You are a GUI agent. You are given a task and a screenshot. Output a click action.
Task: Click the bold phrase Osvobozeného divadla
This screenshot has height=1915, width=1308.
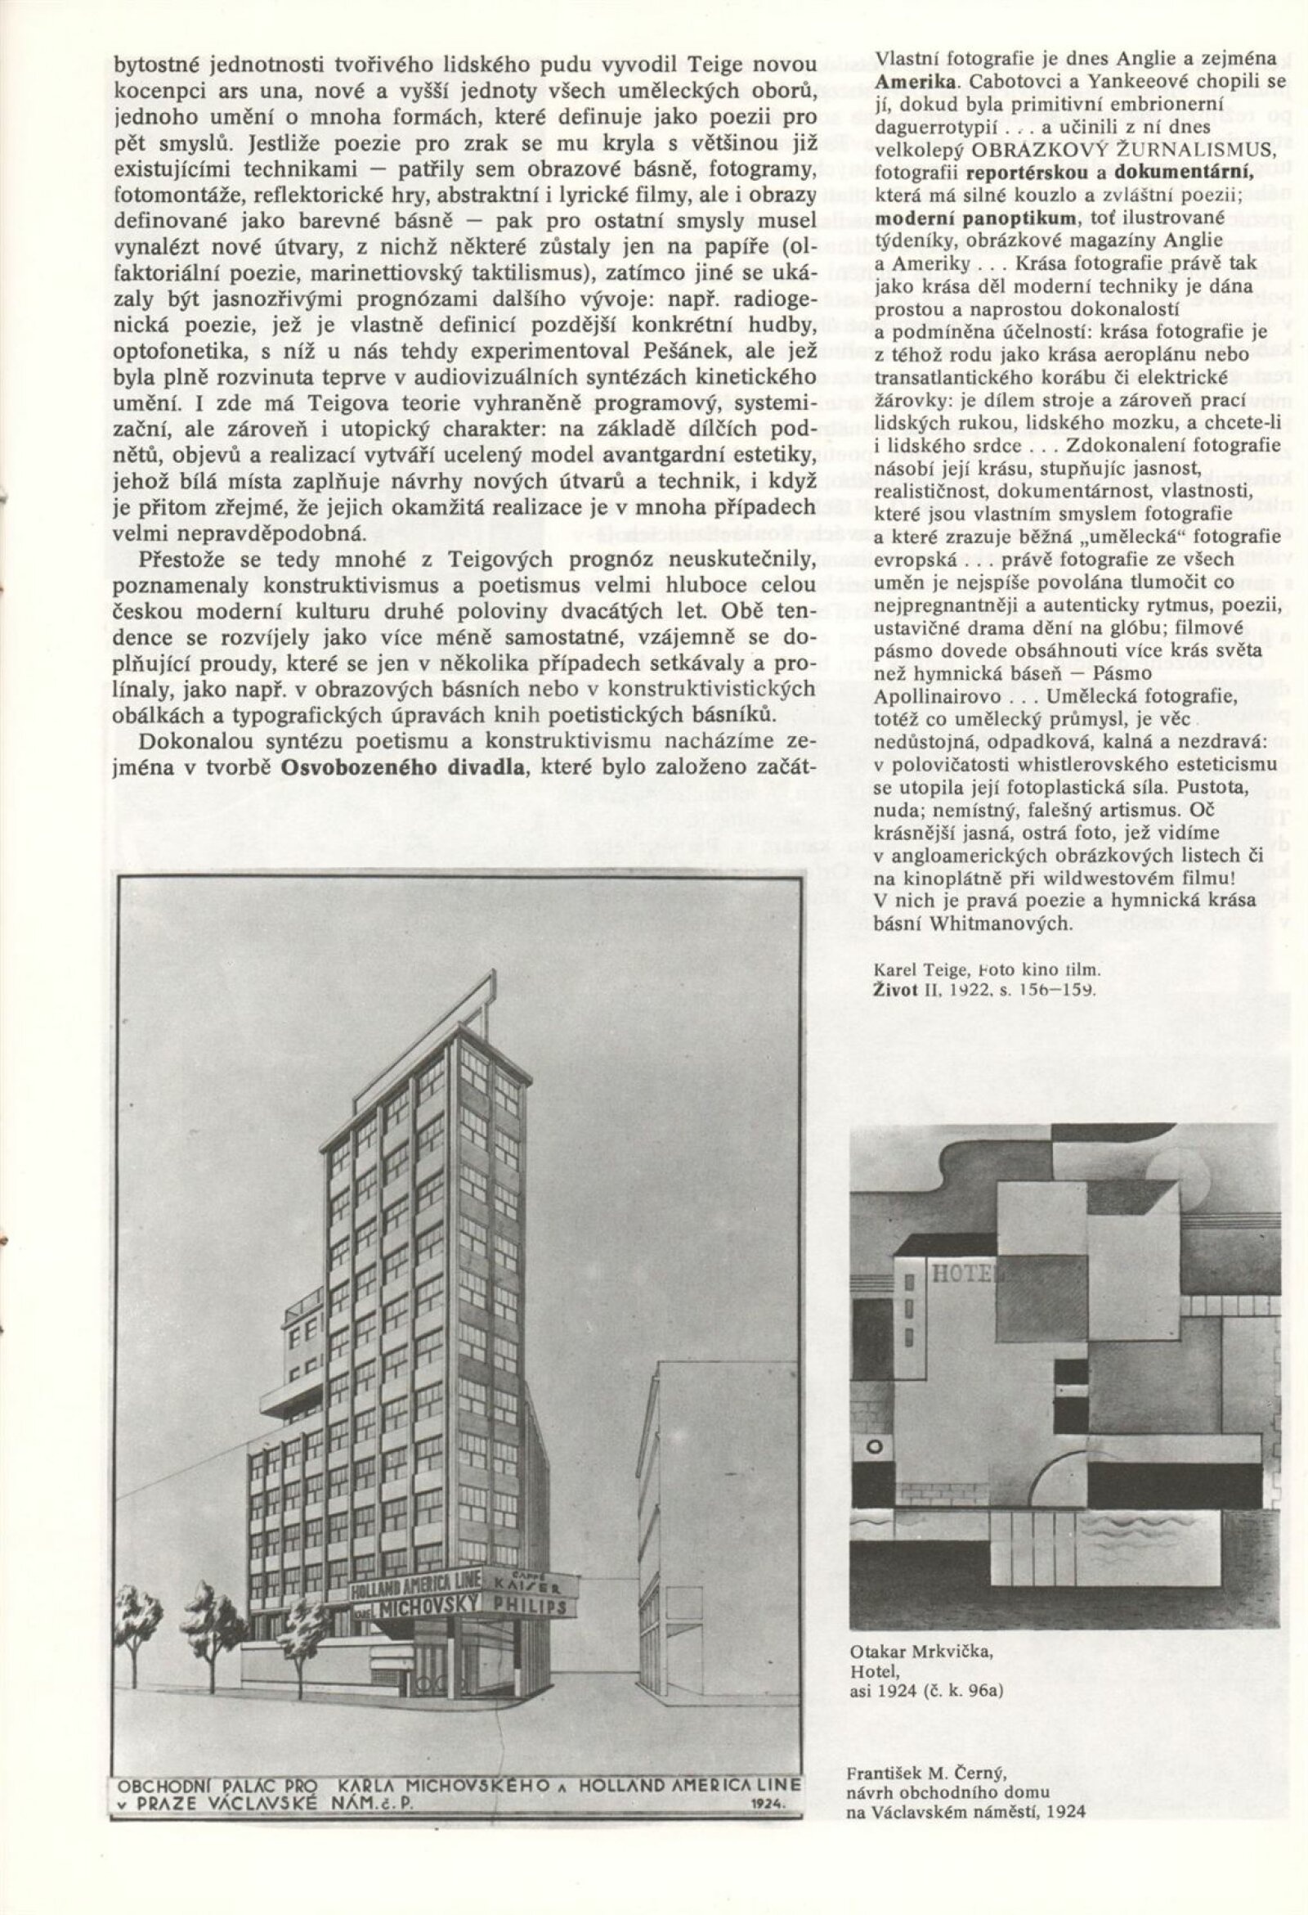tap(403, 766)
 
